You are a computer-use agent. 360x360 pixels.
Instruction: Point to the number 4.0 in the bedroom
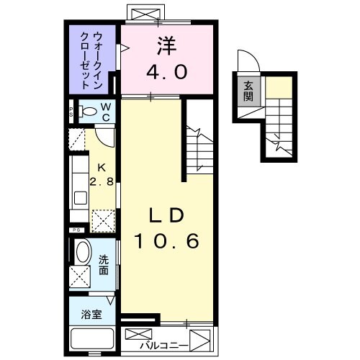tap(167, 72)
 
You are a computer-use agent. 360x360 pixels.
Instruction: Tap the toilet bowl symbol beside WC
tap(89, 111)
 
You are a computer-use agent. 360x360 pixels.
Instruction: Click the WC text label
tap(105, 112)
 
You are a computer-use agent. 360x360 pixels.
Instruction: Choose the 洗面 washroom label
tap(102, 266)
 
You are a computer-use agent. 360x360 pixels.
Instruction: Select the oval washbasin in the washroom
tap(82, 254)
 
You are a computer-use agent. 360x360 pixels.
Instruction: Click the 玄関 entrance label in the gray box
tap(248, 91)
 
